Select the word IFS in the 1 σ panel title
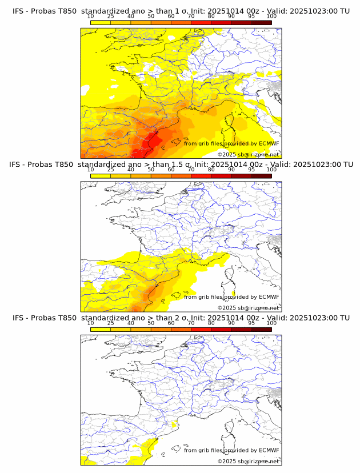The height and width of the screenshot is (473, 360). pyautogui.click(x=19, y=11)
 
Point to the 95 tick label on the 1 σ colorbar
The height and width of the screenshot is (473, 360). pyautogui.click(x=251, y=17)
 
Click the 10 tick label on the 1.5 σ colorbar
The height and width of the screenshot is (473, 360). pyautogui.click(x=91, y=170)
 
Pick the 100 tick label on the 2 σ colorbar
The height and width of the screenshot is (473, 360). pyautogui.click(x=271, y=323)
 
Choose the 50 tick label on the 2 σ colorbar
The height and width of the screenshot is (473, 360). pyautogui.click(x=151, y=323)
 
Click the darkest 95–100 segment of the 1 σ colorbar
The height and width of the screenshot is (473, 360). pyautogui.click(x=261, y=22)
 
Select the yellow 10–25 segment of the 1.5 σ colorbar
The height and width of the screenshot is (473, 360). pyautogui.click(x=101, y=175)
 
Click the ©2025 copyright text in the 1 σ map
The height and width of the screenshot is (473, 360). pyautogui.click(x=227, y=155)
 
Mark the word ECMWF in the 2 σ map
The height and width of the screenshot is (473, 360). pyautogui.click(x=269, y=450)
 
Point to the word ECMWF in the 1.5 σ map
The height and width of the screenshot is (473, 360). pyautogui.click(x=269, y=297)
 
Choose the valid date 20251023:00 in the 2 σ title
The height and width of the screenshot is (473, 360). pyautogui.click(x=317, y=318)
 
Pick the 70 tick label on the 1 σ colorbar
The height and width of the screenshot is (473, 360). pyautogui.click(x=191, y=17)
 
